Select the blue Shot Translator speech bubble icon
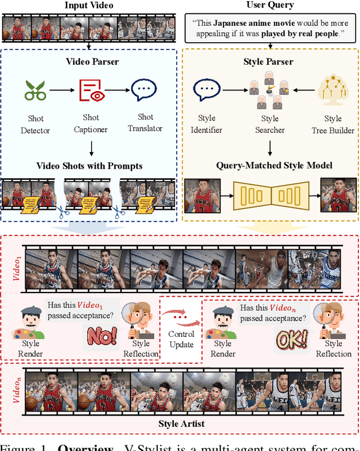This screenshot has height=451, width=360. pyautogui.click(x=145, y=90)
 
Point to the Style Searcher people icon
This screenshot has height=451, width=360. pyautogui.click(x=269, y=92)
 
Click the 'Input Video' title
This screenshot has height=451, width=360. pyautogui.click(x=89, y=6)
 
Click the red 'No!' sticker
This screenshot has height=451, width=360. pyautogui.click(x=102, y=336)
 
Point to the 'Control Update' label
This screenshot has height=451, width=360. pyautogui.click(x=181, y=340)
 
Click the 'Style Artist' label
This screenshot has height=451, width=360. pyautogui.click(x=181, y=423)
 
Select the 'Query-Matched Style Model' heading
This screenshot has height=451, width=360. pyautogui.click(x=269, y=165)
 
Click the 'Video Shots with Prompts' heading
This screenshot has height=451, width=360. pyautogui.click(x=90, y=165)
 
